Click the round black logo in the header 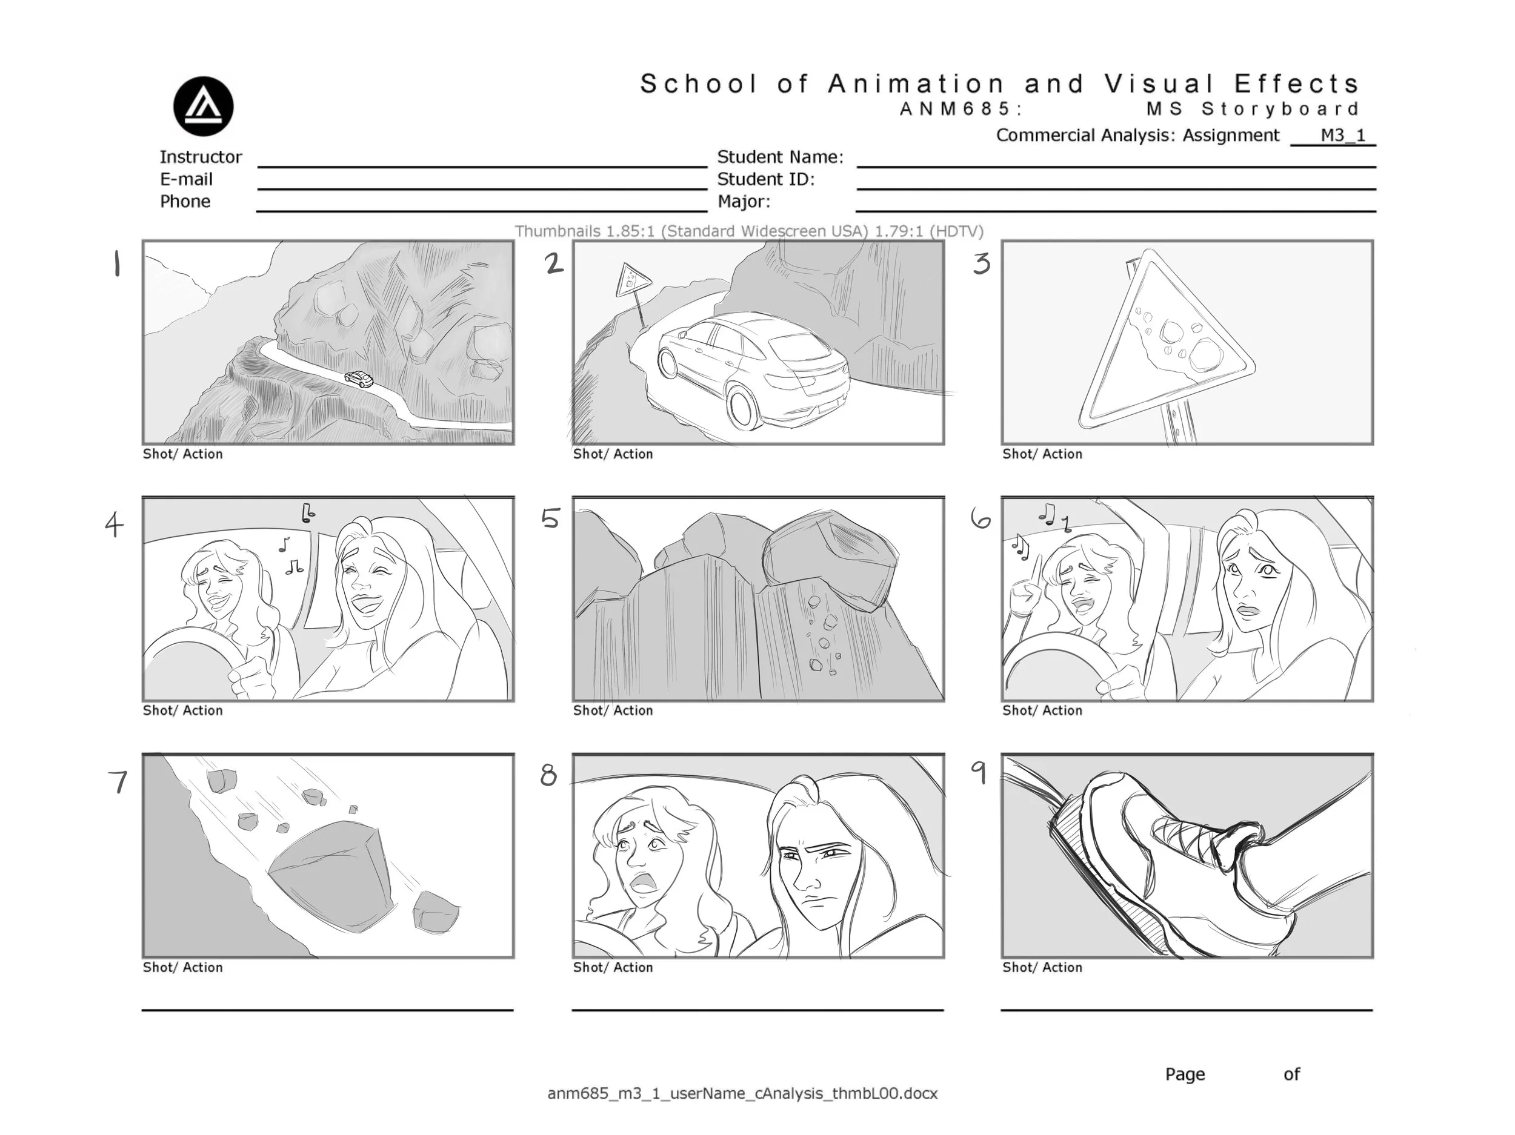204,106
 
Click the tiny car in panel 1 359,379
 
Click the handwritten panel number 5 551,518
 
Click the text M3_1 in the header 1342,135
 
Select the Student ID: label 766,179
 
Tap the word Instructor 201,157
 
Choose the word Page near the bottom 1185,1074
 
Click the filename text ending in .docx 742,1093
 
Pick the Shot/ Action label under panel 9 1042,967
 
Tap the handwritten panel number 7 119,782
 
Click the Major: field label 744,202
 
